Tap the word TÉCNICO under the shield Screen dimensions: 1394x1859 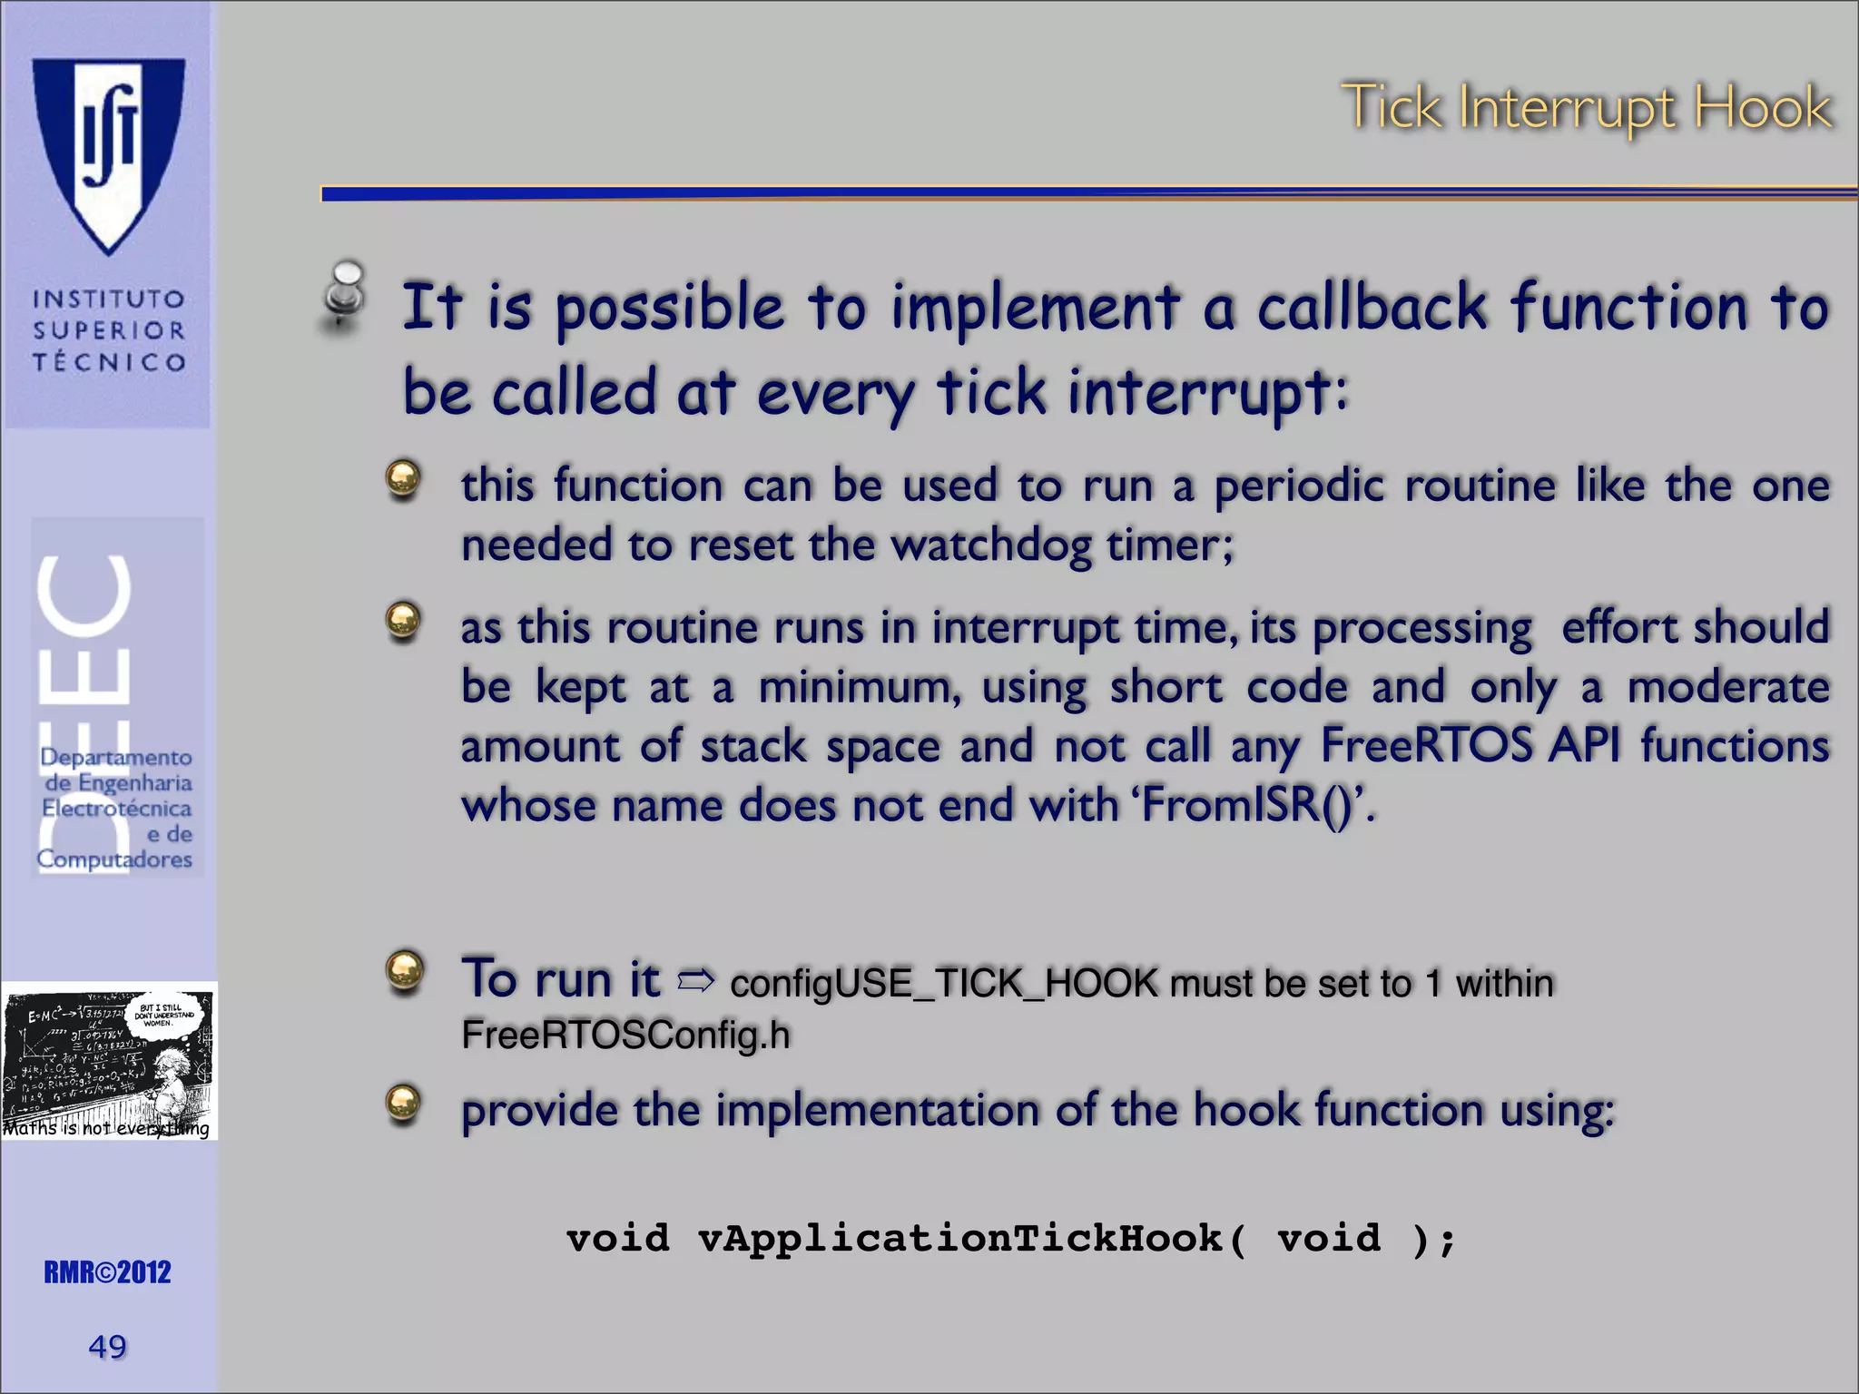coord(109,362)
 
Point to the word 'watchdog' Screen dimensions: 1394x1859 coord(990,545)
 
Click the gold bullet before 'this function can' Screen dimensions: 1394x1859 coord(403,478)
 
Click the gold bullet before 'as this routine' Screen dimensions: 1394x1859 coord(403,621)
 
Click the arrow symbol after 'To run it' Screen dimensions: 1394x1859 coord(696,980)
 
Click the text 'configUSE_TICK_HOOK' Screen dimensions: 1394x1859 coord(944,984)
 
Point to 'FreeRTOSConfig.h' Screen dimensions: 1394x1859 coord(625,1036)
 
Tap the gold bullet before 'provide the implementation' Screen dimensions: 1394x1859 coord(403,1104)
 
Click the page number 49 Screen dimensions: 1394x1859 coord(107,1347)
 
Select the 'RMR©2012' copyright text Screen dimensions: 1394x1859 coord(107,1272)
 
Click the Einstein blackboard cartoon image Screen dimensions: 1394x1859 coord(109,1060)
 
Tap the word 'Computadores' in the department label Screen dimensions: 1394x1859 coord(114,859)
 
